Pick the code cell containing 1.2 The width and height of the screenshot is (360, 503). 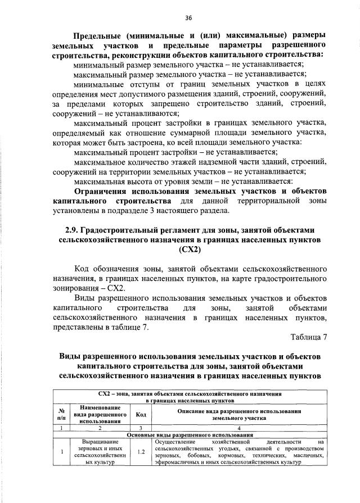(137, 451)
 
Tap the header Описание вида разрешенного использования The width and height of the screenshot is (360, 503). (239, 415)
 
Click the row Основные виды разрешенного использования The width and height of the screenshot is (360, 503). (188, 435)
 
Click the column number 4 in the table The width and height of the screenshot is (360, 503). (239, 428)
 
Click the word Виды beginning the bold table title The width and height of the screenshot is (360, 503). (73, 357)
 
